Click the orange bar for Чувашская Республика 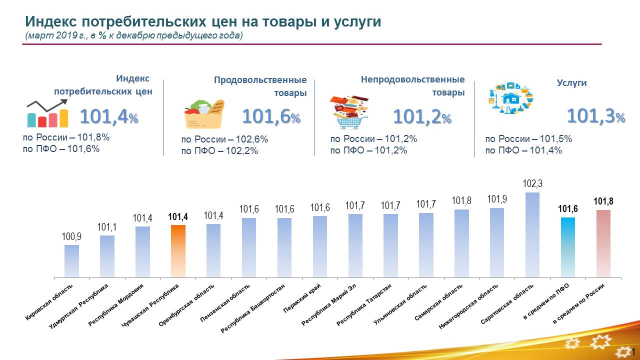pyautogui.click(x=178, y=251)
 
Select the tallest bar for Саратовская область pyautogui.click(x=532, y=235)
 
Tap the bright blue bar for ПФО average pyautogui.click(x=568, y=247)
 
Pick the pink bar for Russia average pyautogui.click(x=603, y=243)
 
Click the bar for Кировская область pyautogui.click(x=71, y=261)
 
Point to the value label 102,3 pyautogui.click(x=532, y=184)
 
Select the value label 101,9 pyautogui.click(x=497, y=199)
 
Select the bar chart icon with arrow pyautogui.click(x=47, y=113)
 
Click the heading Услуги pyautogui.click(x=571, y=83)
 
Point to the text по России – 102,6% pyautogui.click(x=224, y=139)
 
